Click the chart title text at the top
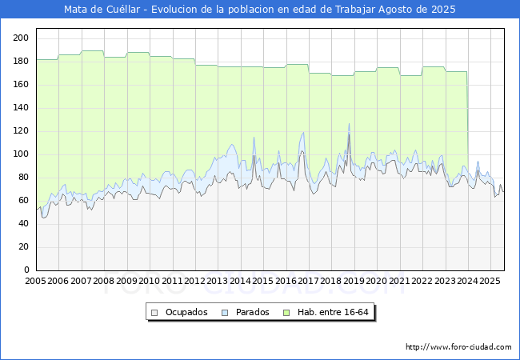point(260,10)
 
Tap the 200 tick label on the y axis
point(21,38)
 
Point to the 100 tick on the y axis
point(21,154)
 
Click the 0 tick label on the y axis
point(26,270)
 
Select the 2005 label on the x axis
point(35,281)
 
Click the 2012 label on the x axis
point(194,281)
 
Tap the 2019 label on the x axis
point(354,281)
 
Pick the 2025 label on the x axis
point(490,281)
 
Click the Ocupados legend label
point(186,312)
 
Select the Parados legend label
point(252,312)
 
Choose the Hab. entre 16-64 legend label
point(333,312)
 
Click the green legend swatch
point(286,313)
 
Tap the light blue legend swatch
point(225,313)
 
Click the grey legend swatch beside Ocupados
point(154,313)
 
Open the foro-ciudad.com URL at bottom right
point(458,347)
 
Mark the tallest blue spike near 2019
point(349,124)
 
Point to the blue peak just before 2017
point(303,133)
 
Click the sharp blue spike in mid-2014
point(254,138)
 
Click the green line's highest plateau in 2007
point(93,51)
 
